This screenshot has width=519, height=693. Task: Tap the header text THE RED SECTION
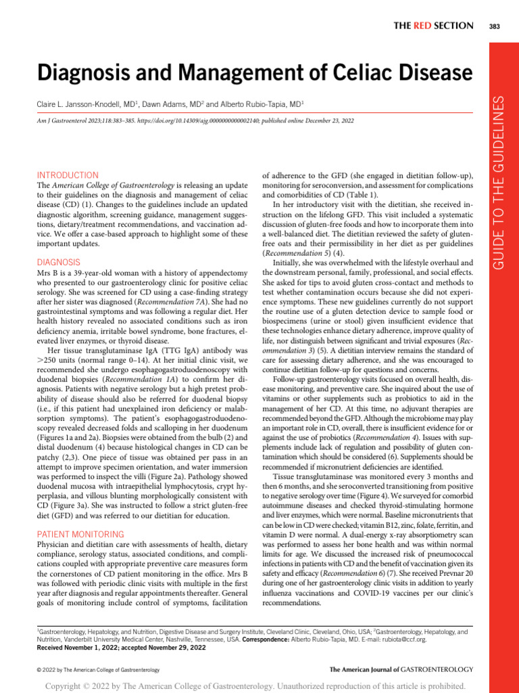point(433,26)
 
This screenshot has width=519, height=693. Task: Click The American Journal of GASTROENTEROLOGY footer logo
point(401,669)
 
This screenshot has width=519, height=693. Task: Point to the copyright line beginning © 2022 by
point(97,669)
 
